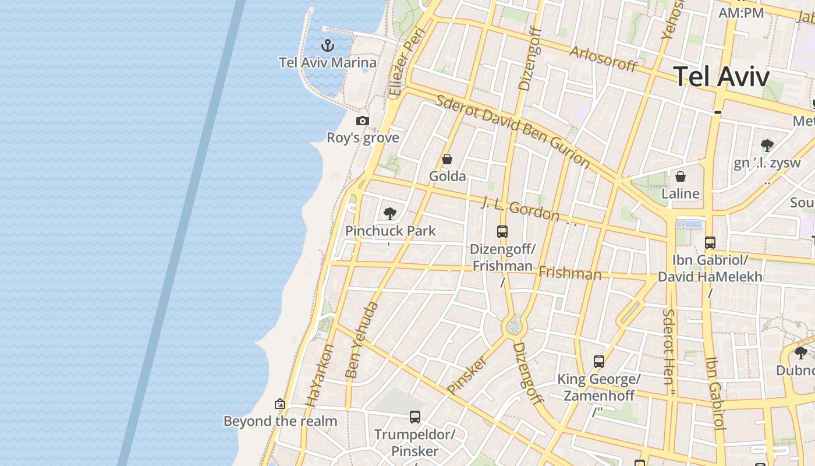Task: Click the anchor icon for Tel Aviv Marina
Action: pos(328,45)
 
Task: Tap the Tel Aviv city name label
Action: pos(721,76)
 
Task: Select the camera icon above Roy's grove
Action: pos(363,121)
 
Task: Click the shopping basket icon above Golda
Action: pos(447,158)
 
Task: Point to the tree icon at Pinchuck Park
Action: pos(390,214)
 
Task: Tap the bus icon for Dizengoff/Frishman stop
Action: pos(502,232)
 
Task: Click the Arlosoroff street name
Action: pos(603,58)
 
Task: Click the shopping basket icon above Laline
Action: pos(680,176)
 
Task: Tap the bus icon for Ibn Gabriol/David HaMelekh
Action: pos(710,243)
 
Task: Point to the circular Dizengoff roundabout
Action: pos(513,327)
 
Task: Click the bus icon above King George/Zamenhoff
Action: pos(598,362)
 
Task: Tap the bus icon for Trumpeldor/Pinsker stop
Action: pos(414,417)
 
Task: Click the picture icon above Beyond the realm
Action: pos(280,404)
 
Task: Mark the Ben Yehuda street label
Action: pos(362,339)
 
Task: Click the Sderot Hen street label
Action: pos(668,346)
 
